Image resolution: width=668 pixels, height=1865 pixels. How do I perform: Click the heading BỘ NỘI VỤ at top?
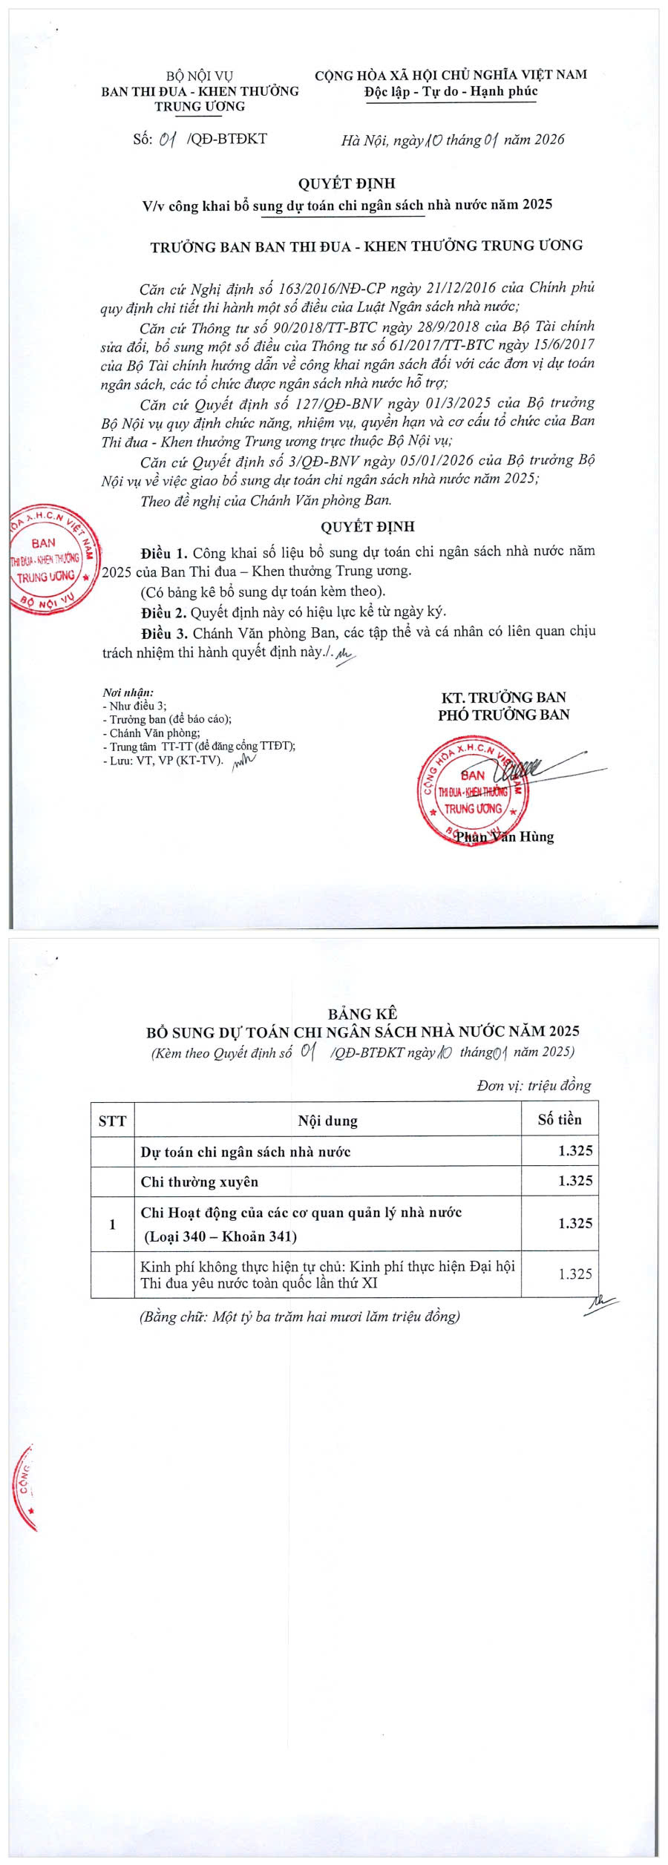pyautogui.click(x=199, y=76)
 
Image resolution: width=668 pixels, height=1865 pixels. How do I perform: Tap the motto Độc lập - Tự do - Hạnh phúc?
pyautogui.click(x=451, y=91)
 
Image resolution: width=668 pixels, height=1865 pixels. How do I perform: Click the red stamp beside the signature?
pyautogui.click(x=472, y=792)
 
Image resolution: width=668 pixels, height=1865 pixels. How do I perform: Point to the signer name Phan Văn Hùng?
pyautogui.click(x=505, y=836)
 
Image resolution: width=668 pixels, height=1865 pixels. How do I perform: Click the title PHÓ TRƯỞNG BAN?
pyautogui.click(x=503, y=715)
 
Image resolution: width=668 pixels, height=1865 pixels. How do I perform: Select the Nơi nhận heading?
pyautogui.click(x=128, y=692)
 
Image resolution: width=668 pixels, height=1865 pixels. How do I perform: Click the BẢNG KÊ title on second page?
pyautogui.click(x=362, y=1014)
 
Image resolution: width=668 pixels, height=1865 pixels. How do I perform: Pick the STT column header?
pyautogui.click(x=112, y=1121)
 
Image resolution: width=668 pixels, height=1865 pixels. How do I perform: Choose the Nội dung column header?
pyautogui.click(x=327, y=1121)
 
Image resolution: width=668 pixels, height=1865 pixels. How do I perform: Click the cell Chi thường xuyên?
pyautogui.click(x=200, y=1181)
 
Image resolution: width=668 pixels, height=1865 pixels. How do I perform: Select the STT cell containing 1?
pyautogui.click(x=112, y=1224)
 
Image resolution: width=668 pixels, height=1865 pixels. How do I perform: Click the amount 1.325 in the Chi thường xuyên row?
pyautogui.click(x=575, y=1181)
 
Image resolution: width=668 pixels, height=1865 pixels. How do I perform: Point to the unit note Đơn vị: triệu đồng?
pyautogui.click(x=534, y=1086)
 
